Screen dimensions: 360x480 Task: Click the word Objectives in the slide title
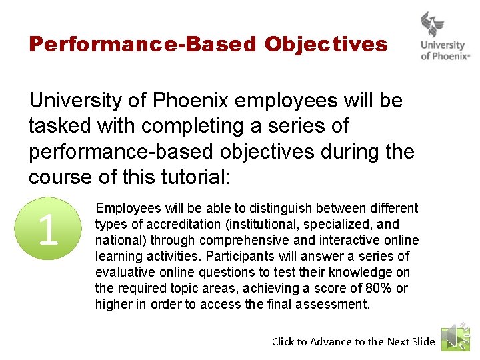point(325,45)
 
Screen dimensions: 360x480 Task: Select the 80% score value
point(378,289)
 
